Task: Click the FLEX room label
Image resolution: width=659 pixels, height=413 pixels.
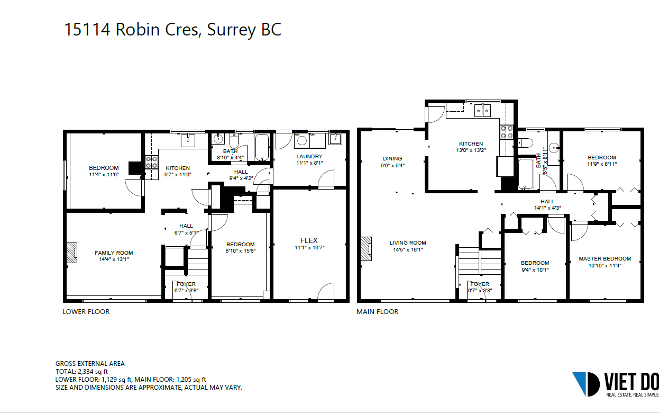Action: coord(309,240)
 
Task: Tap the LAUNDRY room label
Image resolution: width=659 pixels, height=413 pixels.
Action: coord(309,156)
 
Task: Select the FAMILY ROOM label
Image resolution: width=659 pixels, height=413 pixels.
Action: coord(114,253)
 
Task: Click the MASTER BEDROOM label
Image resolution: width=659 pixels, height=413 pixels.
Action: coord(605,258)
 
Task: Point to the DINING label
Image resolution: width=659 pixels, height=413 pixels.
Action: coord(392,158)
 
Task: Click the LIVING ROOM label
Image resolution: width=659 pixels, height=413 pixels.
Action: coord(408,243)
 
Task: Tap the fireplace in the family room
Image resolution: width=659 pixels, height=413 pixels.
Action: coord(72,253)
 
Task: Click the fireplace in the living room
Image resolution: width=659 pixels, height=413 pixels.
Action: coord(367,249)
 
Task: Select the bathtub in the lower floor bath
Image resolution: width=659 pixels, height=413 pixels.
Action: coord(262,147)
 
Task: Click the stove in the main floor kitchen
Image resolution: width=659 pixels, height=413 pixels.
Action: coord(507,132)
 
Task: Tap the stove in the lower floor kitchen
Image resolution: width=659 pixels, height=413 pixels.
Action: coord(151,163)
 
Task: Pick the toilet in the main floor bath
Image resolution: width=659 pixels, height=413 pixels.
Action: coord(525,143)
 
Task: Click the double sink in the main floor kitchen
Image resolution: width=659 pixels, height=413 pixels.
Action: coord(482,111)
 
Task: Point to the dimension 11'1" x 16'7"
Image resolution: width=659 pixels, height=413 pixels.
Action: coord(309,248)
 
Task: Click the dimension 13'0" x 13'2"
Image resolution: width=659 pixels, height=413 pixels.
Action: coord(471,150)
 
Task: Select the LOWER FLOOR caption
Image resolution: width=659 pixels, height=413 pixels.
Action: coord(86,312)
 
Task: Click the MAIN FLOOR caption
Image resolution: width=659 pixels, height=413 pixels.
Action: coord(378,312)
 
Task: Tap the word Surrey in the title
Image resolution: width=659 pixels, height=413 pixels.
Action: coord(232,30)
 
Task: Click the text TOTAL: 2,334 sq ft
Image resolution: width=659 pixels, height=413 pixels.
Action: coord(82,372)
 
